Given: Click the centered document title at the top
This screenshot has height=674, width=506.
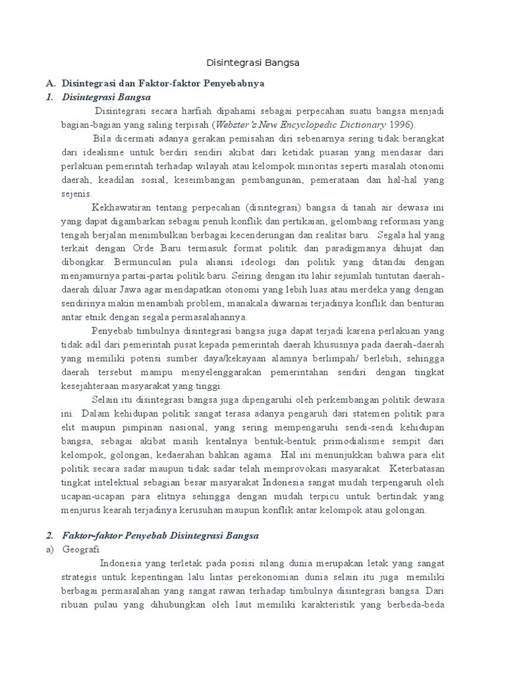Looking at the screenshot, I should [x=253, y=63].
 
